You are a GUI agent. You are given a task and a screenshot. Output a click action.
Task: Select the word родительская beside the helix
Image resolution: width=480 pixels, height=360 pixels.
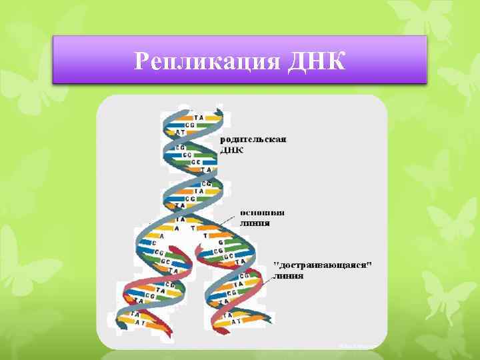point(253,139)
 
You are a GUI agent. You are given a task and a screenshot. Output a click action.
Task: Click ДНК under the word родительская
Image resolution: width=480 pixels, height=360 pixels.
point(231,150)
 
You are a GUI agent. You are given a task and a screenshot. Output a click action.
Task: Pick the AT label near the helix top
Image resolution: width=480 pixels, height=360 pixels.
point(180,132)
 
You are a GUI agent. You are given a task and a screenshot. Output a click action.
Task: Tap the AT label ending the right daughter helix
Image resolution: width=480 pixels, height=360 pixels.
point(237,321)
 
